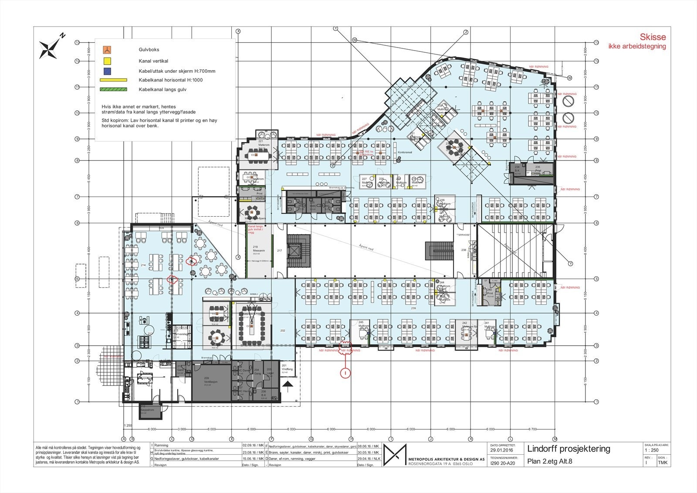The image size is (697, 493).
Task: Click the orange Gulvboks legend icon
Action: coord(107,50)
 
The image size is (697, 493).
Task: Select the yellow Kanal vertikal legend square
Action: coord(107,61)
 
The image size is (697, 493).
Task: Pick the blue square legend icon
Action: coord(107,71)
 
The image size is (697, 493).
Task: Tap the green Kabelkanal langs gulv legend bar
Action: coord(113,89)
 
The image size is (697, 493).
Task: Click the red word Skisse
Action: coord(652,37)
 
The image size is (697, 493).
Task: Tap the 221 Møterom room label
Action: coord(264,143)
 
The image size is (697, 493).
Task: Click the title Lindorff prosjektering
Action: coord(568,449)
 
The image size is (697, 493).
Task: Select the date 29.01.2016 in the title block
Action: coord(502,450)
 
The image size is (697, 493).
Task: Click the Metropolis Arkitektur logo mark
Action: coord(395,455)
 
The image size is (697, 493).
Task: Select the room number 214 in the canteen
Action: coord(143,265)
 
